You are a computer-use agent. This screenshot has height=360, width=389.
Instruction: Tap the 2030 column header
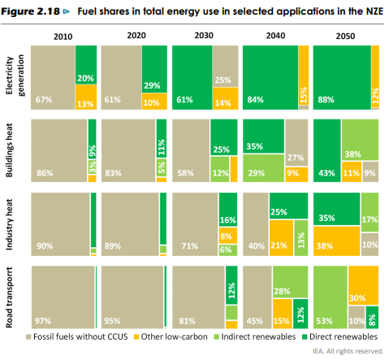pos(205,37)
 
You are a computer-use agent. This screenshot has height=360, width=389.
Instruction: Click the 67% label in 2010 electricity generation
pos(44,100)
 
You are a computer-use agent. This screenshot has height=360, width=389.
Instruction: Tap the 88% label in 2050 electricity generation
pos(326,100)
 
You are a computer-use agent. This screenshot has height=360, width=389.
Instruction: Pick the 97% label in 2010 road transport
pos(44,321)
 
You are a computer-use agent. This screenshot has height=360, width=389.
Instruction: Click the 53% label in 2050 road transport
pos(326,321)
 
